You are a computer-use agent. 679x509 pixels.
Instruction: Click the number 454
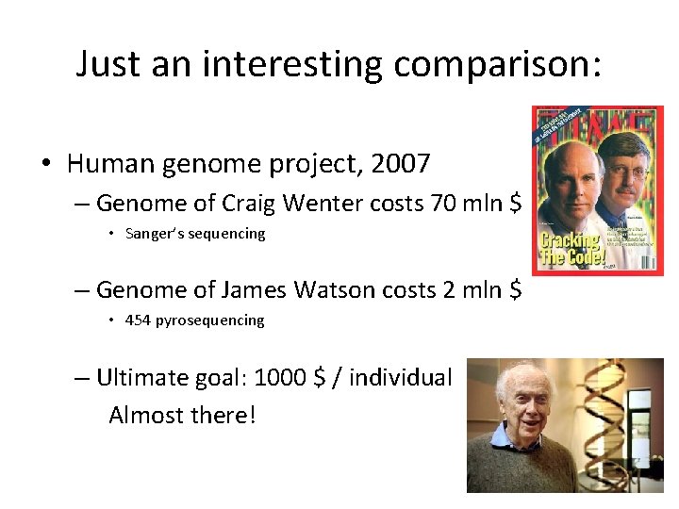(138, 320)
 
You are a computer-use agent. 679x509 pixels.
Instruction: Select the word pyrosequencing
(210, 320)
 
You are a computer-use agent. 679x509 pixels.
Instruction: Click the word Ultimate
(141, 377)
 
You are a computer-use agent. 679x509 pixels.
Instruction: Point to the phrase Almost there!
(182, 415)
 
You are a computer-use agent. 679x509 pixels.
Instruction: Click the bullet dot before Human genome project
(45, 165)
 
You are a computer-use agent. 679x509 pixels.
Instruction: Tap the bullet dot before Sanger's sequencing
(111, 234)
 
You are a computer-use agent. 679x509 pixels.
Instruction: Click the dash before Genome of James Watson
(82, 289)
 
